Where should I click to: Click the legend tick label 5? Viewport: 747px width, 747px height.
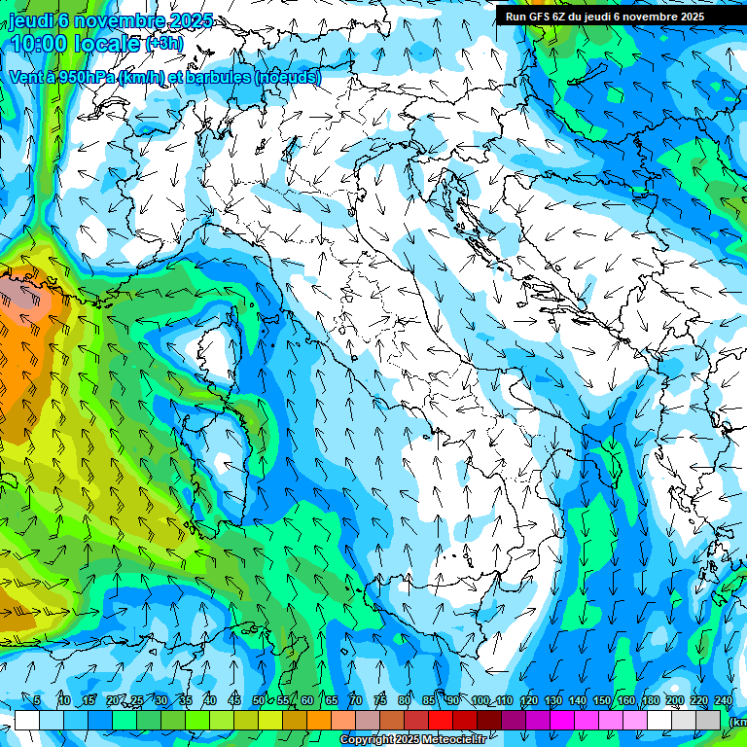(36, 701)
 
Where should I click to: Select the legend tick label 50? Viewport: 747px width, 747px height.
(258, 701)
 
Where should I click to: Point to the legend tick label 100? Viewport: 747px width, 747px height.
(480, 701)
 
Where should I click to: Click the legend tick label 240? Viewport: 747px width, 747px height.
(724, 701)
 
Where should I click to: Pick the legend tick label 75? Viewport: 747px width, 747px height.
(380, 701)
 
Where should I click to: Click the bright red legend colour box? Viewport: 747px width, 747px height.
(441, 720)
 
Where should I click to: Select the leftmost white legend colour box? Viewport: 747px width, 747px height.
(26, 720)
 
